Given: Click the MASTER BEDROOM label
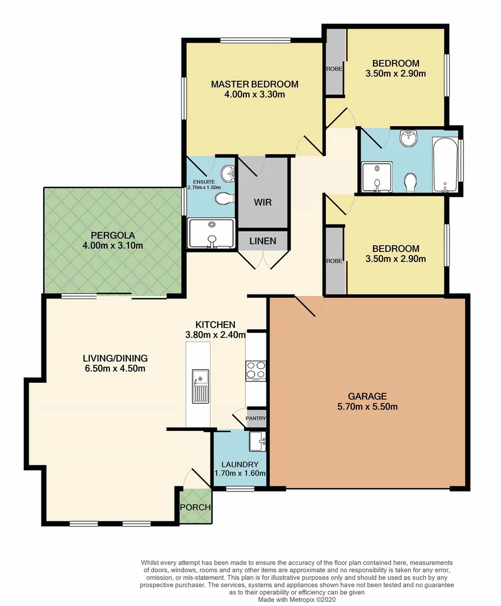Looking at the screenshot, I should pos(255,84).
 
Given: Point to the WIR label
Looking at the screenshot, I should pos(263,201).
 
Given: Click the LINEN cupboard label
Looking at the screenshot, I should pos(263,241).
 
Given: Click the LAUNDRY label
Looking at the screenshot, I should pos(240,465).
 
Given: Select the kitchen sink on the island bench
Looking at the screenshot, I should pos(200,386).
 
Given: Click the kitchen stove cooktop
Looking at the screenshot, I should pos(256,370).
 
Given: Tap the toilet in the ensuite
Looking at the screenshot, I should pos(225,198).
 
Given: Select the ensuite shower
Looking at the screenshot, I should pos(211,233).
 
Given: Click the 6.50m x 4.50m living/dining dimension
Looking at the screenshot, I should pos(114,369).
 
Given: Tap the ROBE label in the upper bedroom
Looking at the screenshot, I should pos(335,69).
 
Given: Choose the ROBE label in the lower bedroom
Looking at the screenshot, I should pos(335,261).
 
